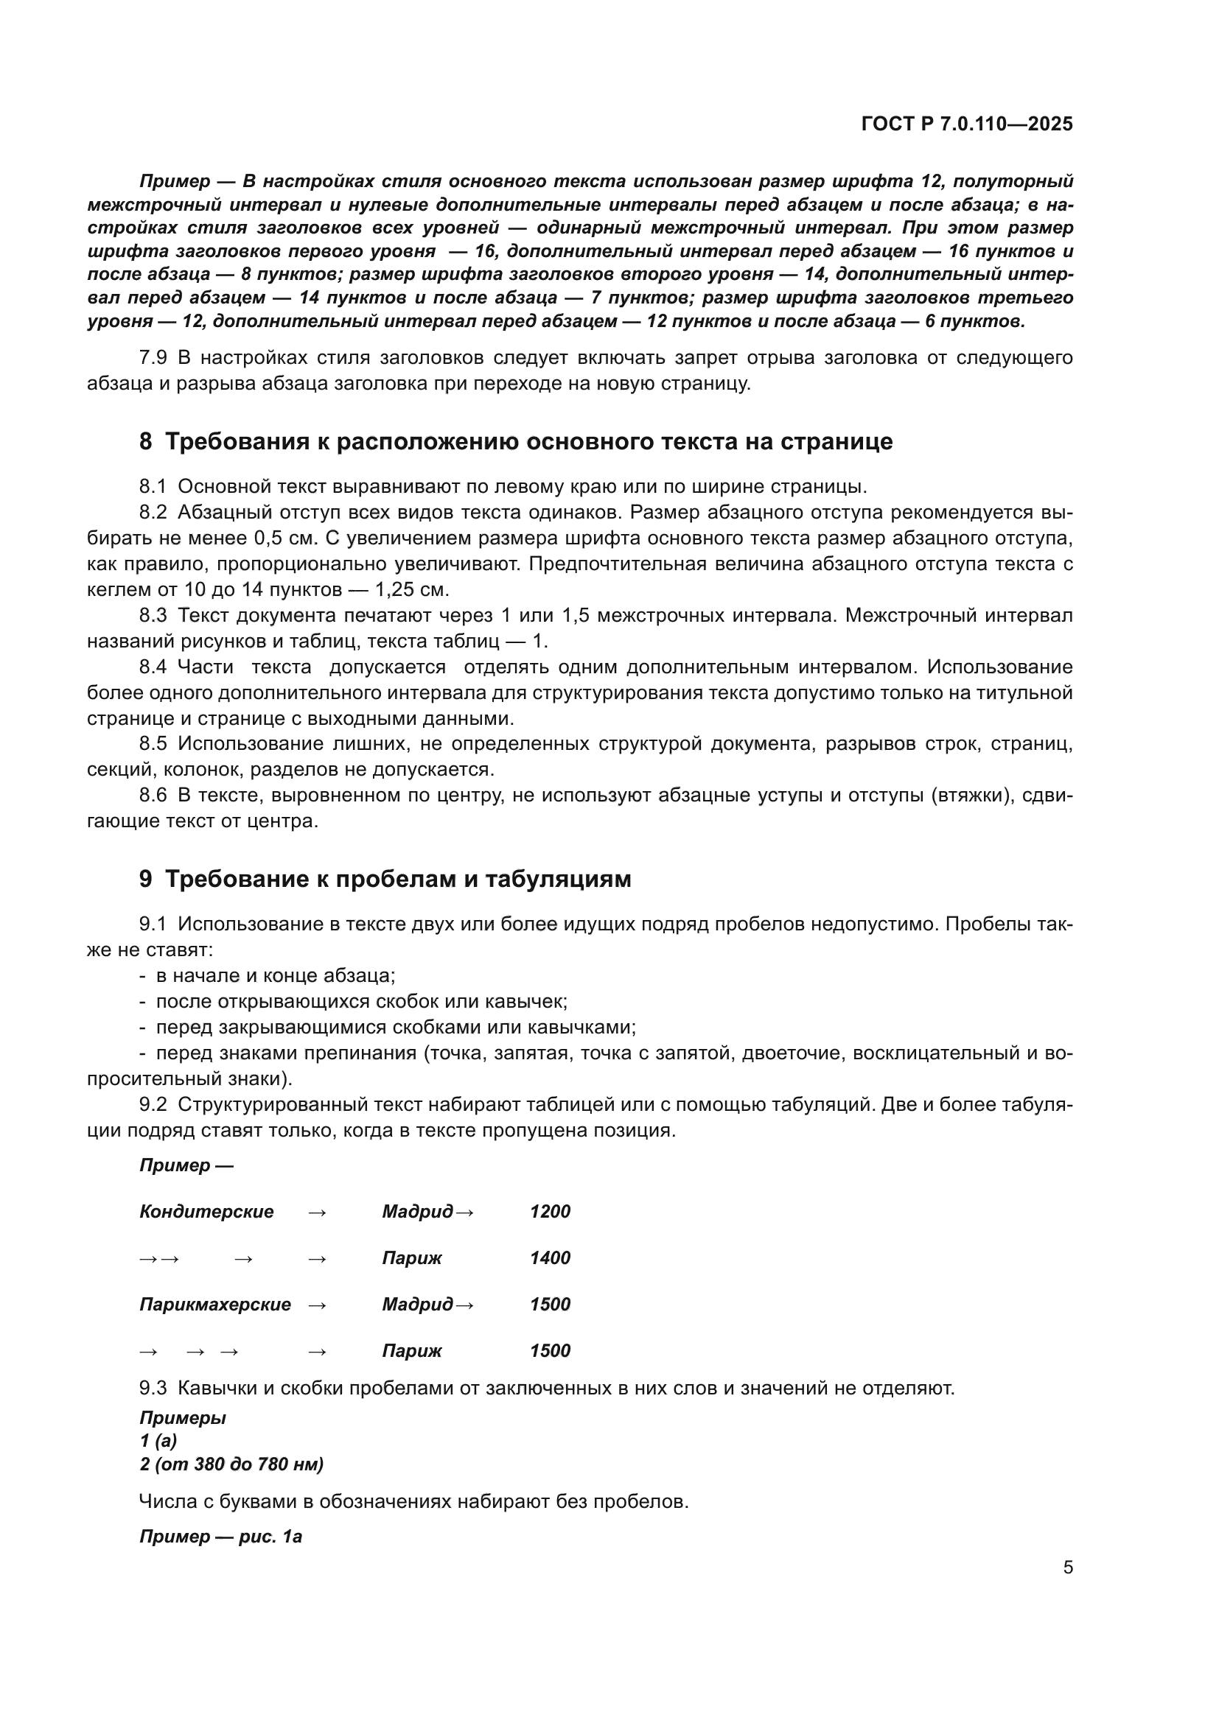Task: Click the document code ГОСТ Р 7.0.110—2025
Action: [x=967, y=124]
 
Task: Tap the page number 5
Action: [x=1068, y=1567]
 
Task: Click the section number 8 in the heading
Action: [x=146, y=442]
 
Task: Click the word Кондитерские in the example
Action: [x=206, y=1212]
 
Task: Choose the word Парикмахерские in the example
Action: [x=215, y=1305]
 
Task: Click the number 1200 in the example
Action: [x=551, y=1212]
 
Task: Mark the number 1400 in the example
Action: [x=551, y=1258]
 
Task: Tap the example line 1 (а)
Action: [x=158, y=1441]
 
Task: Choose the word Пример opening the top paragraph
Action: [x=175, y=182]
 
